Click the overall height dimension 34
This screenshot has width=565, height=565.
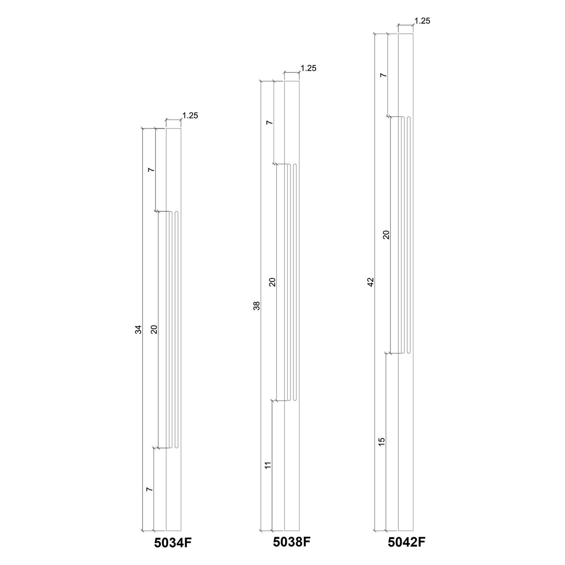coord(138,330)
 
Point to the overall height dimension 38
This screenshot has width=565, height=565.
coord(257,306)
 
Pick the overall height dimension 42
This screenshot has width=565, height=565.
coord(371,282)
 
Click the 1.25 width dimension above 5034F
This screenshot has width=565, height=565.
coord(190,115)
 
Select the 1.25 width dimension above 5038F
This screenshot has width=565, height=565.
coord(308,68)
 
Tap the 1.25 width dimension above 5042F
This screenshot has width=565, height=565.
coord(422,21)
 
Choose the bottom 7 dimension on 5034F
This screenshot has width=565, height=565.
coord(150,490)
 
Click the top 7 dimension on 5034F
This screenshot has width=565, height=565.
coord(151,169)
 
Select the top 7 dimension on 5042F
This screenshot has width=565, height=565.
coord(383,75)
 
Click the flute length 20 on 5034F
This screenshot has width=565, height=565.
coord(153,330)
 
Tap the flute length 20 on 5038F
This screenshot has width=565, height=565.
coord(272,282)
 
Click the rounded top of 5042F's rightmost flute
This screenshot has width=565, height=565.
coord(409,118)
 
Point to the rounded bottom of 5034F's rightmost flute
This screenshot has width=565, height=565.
coord(177,446)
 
